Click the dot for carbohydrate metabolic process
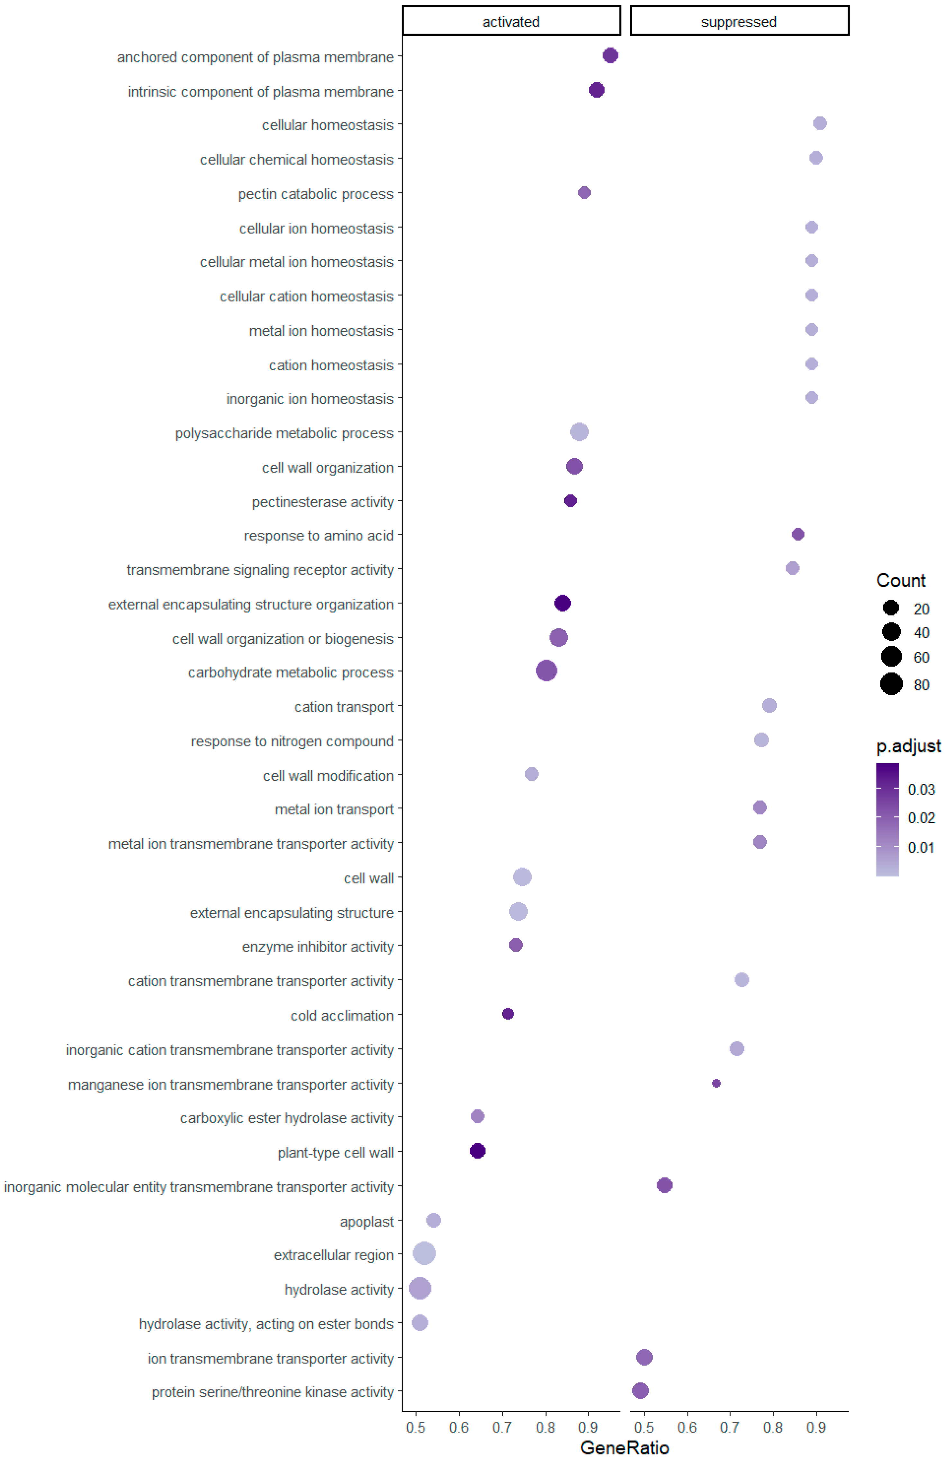point(546,671)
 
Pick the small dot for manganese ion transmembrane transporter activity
point(716,1083)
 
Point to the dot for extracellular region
point(424,1254)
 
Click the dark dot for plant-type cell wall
point(477,1151)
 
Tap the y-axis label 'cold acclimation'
point(342,1016)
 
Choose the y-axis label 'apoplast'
point(367,1222)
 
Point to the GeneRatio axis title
point(624,1447)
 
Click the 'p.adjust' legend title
point(908,746)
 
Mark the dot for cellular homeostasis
point(819,124)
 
